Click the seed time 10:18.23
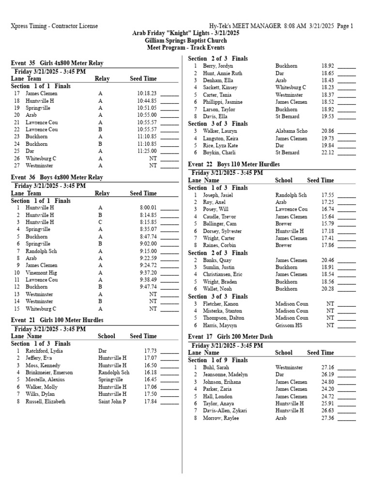tap(147, 93)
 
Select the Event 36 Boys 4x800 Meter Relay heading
tap(57, 177)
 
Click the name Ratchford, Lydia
tap(44, 351)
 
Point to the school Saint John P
tap(112, 402)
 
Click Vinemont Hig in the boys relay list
tap(42, 273)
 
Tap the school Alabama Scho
tap(291, 131)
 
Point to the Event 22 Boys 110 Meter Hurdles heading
tap(233, 165)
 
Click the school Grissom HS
tap(288, 325)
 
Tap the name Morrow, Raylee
tap(220, 418)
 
